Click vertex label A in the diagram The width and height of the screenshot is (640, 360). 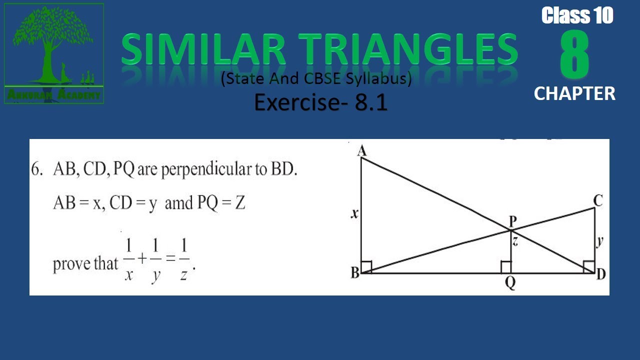click(x=362, y=150)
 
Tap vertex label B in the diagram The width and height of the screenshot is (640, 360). click(x=354, y=273)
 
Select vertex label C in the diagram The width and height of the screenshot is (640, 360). click(x=598, y=201)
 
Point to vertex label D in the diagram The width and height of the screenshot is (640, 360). click(x=600, y=274)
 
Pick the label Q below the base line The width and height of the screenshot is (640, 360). click(x=510, y=283)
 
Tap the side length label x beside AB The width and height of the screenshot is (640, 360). click(x=354, y=214)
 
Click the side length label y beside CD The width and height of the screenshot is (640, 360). click(x=600, y=241)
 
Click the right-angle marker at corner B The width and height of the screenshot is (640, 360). click(x=366, y=267)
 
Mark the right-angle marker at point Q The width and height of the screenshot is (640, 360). click(x=506, y=267)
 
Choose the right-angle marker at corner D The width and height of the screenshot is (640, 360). click(x=588, y=267)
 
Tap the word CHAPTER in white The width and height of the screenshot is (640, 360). click(x=574, y=93)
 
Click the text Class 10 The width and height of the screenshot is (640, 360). click(x=577, y=16)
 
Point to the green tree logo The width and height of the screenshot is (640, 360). click(x=54, y=50)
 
